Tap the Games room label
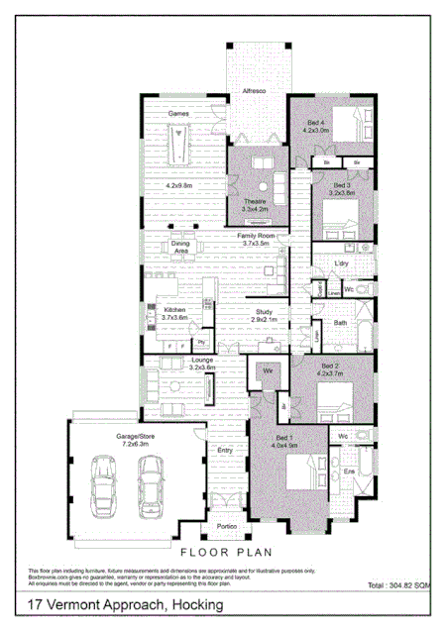(x=177, y=114)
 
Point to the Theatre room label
(x=255, y=201)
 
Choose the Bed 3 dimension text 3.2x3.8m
(x=343, y=193)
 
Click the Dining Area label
(x=180, y=247)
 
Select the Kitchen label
(x=175, y=310)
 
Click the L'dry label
(x=343, y=263)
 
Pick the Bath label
(x=340, y=323)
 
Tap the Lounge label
(x=202, y=360)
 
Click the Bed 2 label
(x=330, y=367)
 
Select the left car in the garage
(x=103, y=480)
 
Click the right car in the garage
(x=150, y=480)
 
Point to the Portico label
(x=226, y=526)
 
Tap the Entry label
(x=224, y=450)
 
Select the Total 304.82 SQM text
(x=398, y=586)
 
